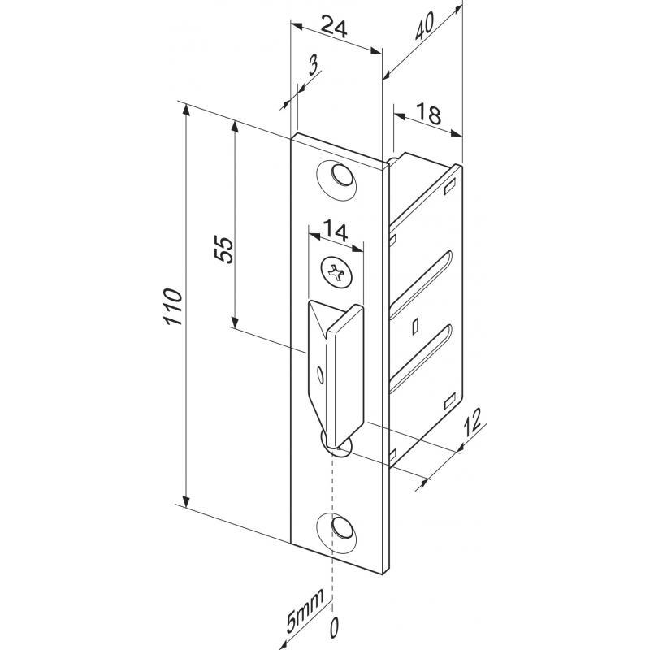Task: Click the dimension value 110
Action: pyautogui.click(x=171, y=307)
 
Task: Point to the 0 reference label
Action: pyautogui.click(x=331, y=626)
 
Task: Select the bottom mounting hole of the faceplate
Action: pyautogui.click(x=342, y=528)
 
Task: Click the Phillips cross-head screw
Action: pyautogui.click(x=337, y=272)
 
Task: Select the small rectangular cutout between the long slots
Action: pyautogui.click(x=415, y=325)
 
